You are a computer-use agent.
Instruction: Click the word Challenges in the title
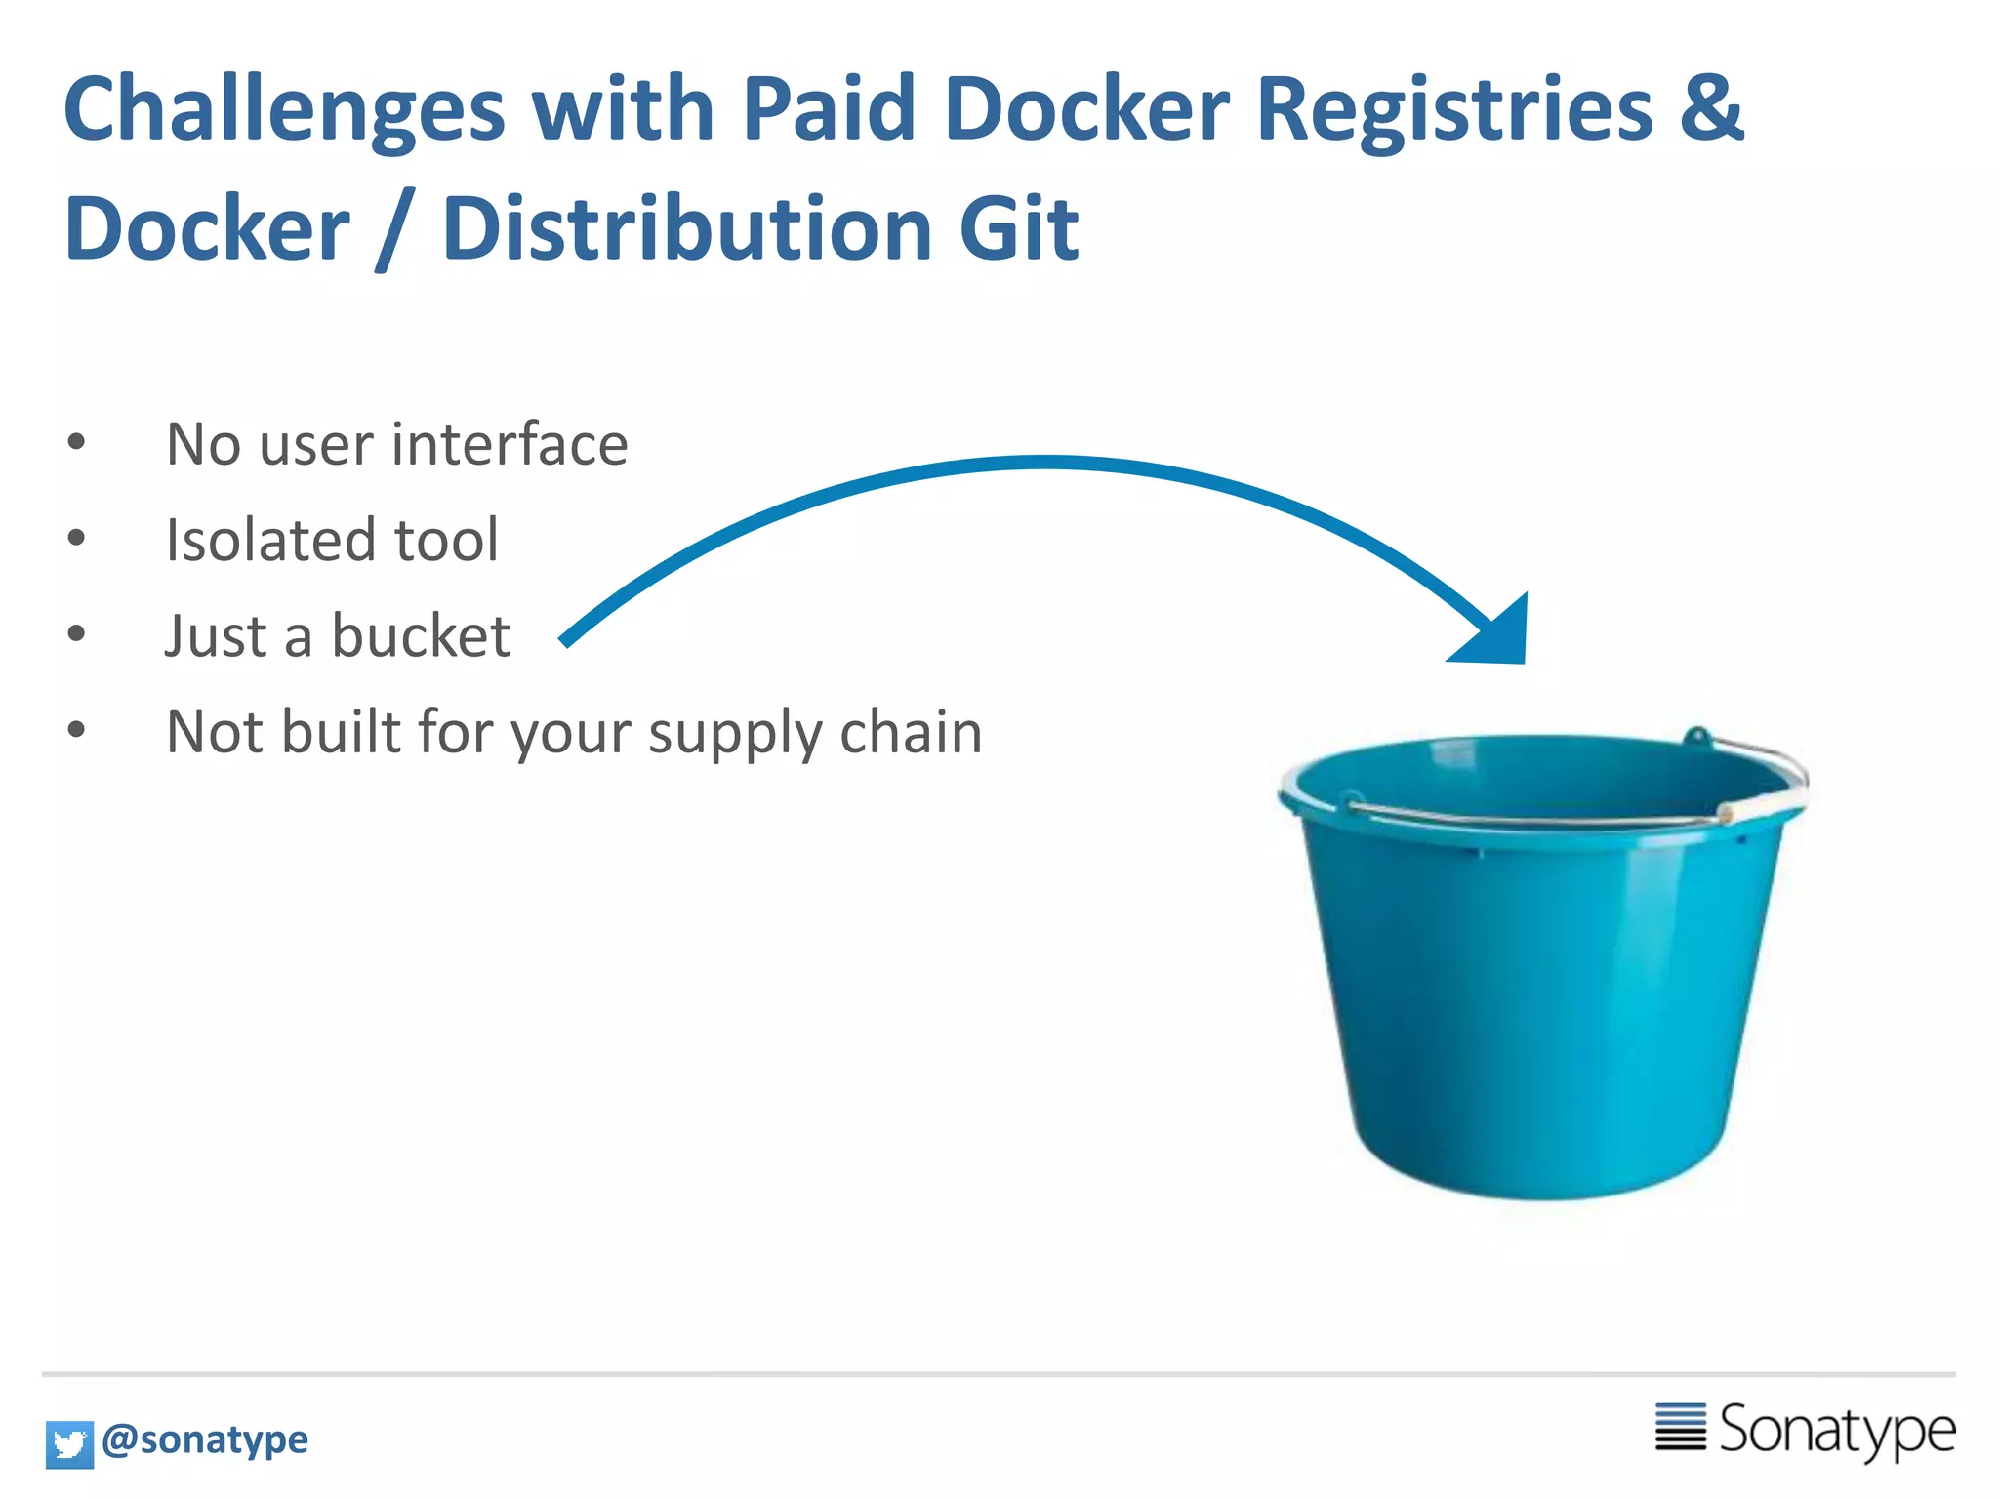(284, 109)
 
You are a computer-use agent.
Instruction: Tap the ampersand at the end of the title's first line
(1710, 107)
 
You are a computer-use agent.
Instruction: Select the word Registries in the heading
(1454, 109)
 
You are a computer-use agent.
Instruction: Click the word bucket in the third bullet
(421, 636)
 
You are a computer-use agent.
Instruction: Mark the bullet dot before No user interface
(76, 442)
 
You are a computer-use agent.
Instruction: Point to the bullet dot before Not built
(76, 729)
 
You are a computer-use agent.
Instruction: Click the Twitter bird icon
(69, 1443)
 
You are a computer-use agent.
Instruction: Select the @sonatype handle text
(205, 1439)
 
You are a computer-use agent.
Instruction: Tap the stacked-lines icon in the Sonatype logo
(1680, 1427)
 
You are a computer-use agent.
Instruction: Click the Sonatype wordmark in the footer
(1836, 1431)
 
